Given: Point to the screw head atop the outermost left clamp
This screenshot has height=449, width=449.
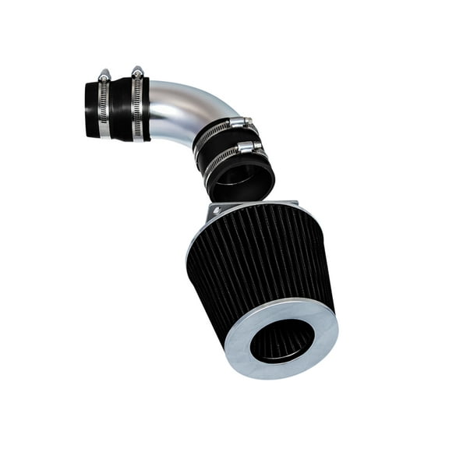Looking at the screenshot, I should pyautogui.click(x=104, y=75).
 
